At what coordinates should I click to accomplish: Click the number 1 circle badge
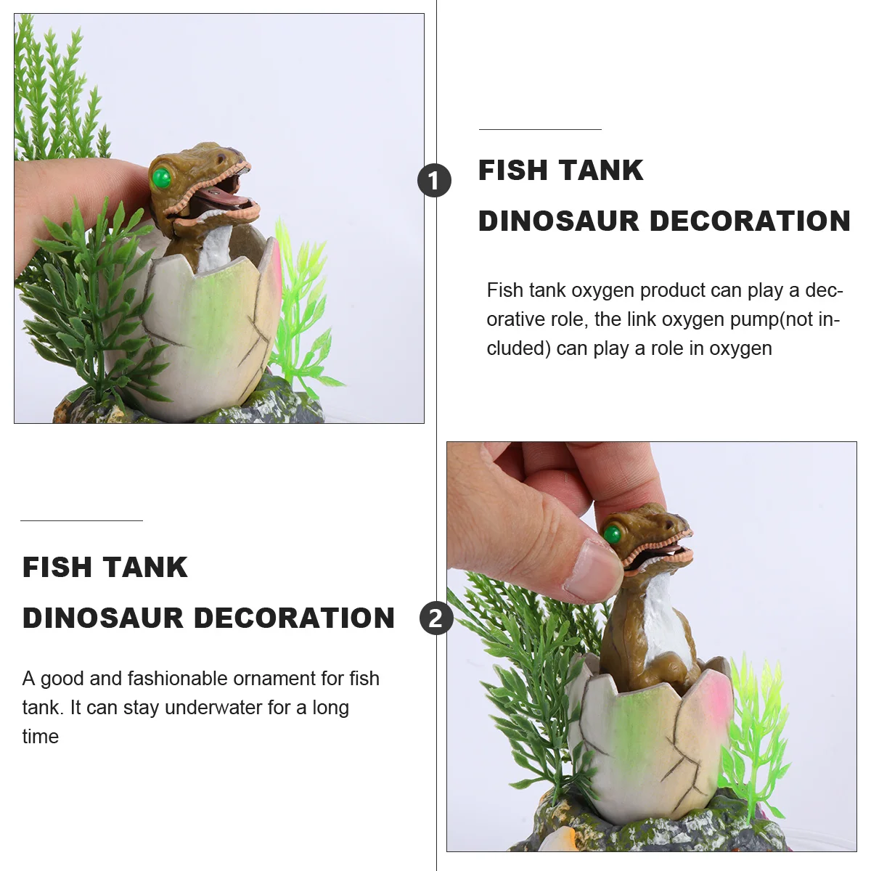click(434, 180)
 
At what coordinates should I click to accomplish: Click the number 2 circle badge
click(435, 618)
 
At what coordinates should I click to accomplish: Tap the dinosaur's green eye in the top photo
click(161, 177)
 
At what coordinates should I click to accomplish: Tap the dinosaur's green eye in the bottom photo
click(613, 535)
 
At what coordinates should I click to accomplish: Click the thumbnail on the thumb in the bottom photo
click(594, 569)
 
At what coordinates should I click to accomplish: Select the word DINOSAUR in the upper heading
click(557, 221)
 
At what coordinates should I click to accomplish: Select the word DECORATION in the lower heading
click(294, 618)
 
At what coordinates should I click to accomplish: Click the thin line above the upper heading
click(540, 129)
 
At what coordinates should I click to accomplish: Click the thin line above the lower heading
click(81, 520)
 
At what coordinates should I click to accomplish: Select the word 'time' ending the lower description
click(41, 737)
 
